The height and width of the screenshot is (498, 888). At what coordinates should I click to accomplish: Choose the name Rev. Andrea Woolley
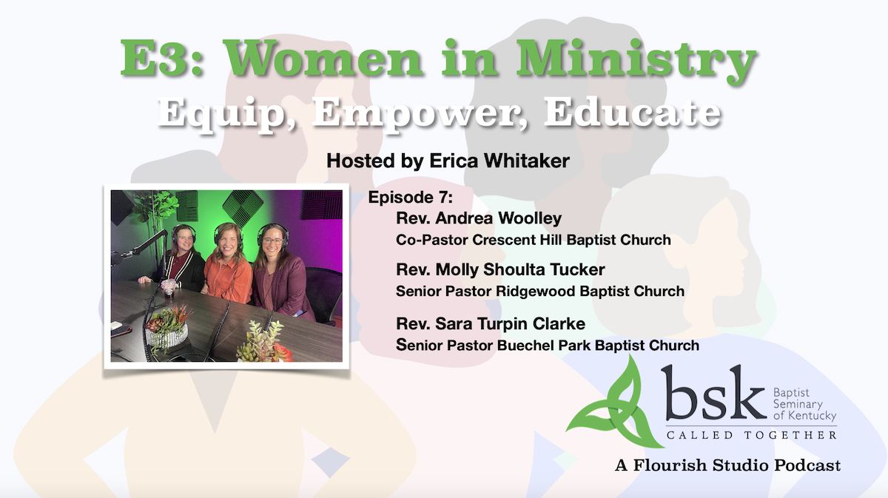point(479,218)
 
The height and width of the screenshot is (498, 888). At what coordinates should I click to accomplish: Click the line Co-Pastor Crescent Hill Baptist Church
point(533,240)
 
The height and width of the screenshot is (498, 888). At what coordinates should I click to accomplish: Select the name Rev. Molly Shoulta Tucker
point(500,270)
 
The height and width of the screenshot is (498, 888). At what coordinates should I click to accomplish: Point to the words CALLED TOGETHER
point(751,435)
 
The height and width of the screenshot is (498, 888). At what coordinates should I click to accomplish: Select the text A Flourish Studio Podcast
point(727,466)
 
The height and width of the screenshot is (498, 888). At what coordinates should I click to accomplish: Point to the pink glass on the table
point(169,285)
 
